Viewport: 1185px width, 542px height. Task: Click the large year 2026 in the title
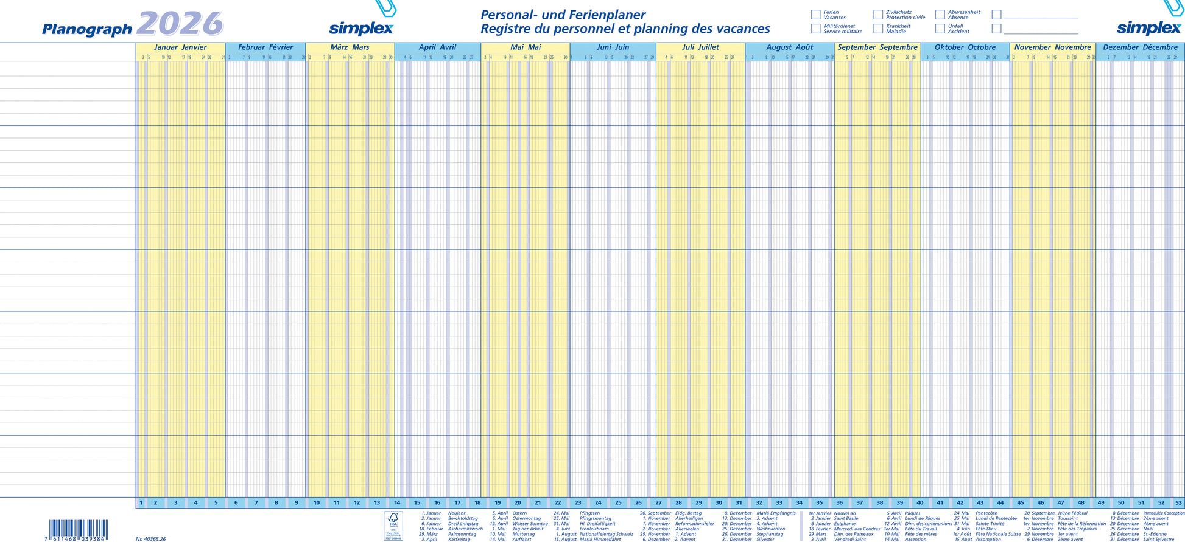pyautogui.click(x=180, y=24)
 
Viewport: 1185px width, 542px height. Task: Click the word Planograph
pyautogui.click(x=87, y=29)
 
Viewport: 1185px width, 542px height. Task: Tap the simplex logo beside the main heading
pyautogui.click(x=361, y=28)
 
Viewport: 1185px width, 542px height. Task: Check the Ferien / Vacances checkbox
pyautogui.click(x=815, y=15)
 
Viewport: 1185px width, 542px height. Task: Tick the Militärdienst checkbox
pyautogui.click(x=815, y=29)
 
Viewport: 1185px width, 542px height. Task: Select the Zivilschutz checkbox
pyautogui.click(x=878, y=15)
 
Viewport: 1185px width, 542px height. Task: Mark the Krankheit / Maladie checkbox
pyautogui.click(x=878, y=29)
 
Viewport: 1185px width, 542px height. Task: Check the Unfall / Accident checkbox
pyautogui.click(x=940, y=29)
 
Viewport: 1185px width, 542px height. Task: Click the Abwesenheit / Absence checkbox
pyautogui.click(x=940, y=15)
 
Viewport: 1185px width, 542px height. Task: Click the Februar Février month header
pyautogui.click(x=265, y=47)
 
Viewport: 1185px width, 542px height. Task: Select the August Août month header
pyautogui.click(x=789, y=47)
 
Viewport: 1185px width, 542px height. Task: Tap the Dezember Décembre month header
pyautogui.click(x=1140, y=47)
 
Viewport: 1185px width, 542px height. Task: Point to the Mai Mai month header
pyautogui.click(x=526, y=47)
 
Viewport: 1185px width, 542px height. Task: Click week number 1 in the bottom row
pyautogui.click(x=141, y=503)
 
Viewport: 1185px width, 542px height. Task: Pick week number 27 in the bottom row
pyautogui.click(x=658, y=503)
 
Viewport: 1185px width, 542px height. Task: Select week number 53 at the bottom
pyautogui.click(x=1178, y=503)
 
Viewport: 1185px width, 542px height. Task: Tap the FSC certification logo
pyautogui.click(x=393, y=526)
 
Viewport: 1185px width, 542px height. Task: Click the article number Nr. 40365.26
pyautogui.click(x=150, y=539)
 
